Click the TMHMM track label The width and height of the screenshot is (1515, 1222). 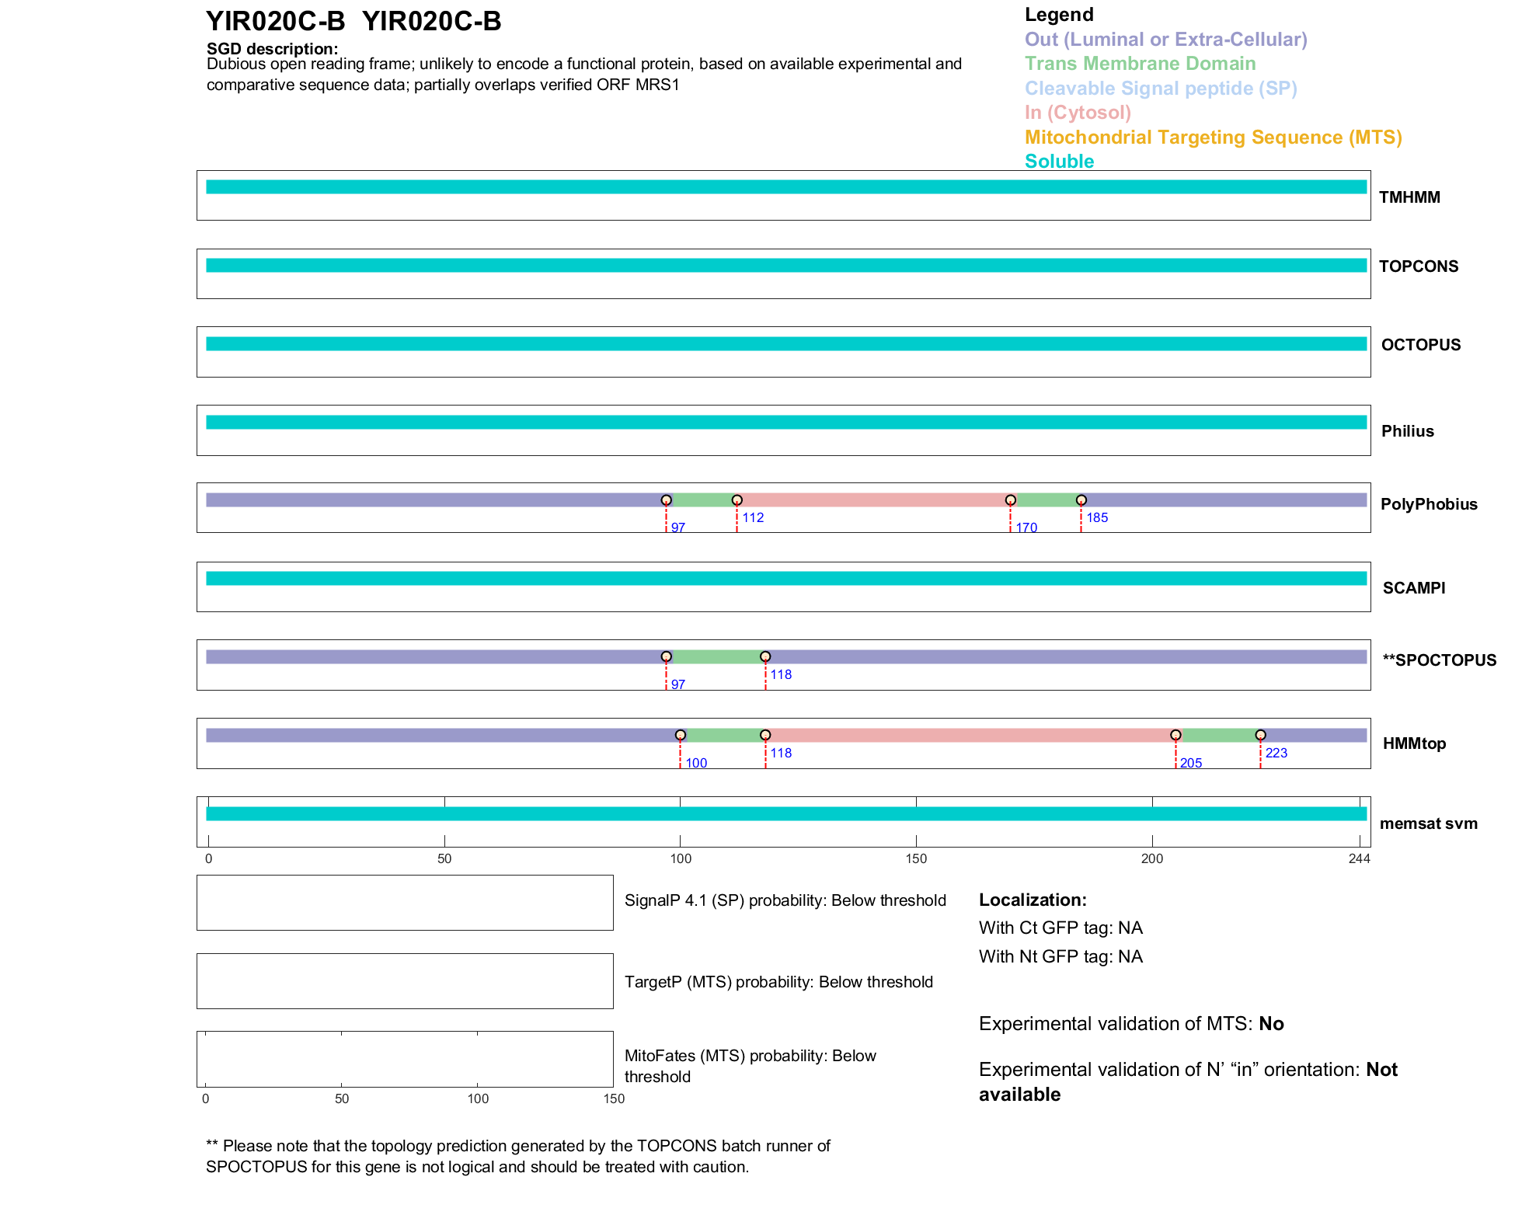(1409, 197)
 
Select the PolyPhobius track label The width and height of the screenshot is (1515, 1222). (1428, 504)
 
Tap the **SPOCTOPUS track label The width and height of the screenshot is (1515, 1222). (1439, 660)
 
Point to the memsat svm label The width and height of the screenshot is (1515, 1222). (1428, 823)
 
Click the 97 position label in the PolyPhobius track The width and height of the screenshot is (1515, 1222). (678, 528)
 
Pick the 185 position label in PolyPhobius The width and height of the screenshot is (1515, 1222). (1097, 518)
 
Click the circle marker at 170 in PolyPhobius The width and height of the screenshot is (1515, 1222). (1010, 500)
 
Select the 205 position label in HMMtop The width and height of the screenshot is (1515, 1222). (1190, 764)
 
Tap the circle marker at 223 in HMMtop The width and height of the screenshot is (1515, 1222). (1260, 735)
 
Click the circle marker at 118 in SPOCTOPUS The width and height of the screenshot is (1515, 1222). (765, 657)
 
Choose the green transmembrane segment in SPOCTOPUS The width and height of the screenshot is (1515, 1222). (716, 657)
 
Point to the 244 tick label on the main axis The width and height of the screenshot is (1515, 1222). (1359, 859)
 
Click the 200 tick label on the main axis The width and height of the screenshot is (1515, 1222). (1151, 859)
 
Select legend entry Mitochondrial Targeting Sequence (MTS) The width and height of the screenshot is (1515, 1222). (1213, 138)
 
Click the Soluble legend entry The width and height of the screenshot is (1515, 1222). (1059, 162)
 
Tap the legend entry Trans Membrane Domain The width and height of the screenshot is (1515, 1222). (1140, 64)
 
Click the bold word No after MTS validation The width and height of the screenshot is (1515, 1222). (1271, 1024)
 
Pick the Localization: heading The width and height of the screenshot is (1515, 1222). (1033, 900)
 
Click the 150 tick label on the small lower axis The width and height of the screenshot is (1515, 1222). (614, 1099)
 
